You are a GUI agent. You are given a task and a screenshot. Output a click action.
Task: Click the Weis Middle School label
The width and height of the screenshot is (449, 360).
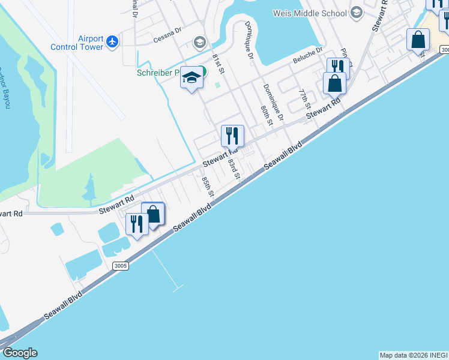(x=310, y=13)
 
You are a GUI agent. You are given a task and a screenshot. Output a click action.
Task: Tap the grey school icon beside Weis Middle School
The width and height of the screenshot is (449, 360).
(x=357, y=13)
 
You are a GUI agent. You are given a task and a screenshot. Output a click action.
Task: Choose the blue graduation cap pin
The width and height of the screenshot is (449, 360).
(x=191, y=78)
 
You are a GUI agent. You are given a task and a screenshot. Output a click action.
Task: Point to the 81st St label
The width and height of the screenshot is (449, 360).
(x=218, y=63)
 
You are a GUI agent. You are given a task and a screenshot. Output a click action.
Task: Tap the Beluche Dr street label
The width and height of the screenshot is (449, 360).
(x=308, y=57)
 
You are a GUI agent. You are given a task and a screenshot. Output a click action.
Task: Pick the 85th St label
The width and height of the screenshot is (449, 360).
(x=208, y=186)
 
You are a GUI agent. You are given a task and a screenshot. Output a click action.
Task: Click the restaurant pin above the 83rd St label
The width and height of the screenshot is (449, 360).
(x=232, y=136)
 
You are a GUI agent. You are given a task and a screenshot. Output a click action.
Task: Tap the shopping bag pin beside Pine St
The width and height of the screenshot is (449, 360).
(x=334, y=83)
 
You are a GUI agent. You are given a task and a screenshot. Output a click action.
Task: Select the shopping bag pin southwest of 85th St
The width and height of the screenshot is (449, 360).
(x=153, y=214)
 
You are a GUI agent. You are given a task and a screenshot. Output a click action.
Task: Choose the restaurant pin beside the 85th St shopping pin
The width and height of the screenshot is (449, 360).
(x=136, y=225)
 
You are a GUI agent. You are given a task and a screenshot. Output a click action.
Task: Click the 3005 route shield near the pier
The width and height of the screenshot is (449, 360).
(x=121, y=265)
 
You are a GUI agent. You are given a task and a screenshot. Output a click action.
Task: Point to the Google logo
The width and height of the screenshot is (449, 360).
(x=20, y=353)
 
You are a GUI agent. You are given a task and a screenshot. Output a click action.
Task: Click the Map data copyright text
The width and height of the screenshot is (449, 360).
(x=413, y=355)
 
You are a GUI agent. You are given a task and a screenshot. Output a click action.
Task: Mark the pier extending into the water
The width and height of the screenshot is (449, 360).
(x=166, y=270)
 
